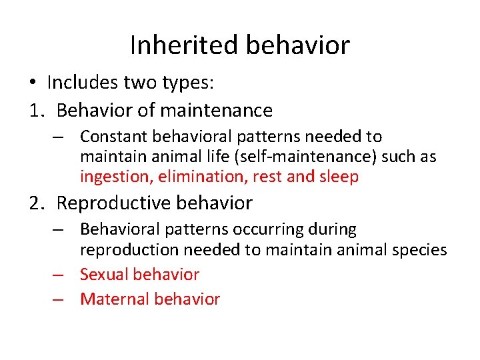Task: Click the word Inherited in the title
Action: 184,45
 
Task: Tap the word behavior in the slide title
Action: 297,45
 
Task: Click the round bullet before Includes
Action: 33,83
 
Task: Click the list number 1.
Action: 35,110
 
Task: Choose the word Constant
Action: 113,137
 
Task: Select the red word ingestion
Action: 110,177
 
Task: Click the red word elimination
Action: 189,177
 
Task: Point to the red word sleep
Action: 338,177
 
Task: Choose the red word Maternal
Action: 114,299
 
